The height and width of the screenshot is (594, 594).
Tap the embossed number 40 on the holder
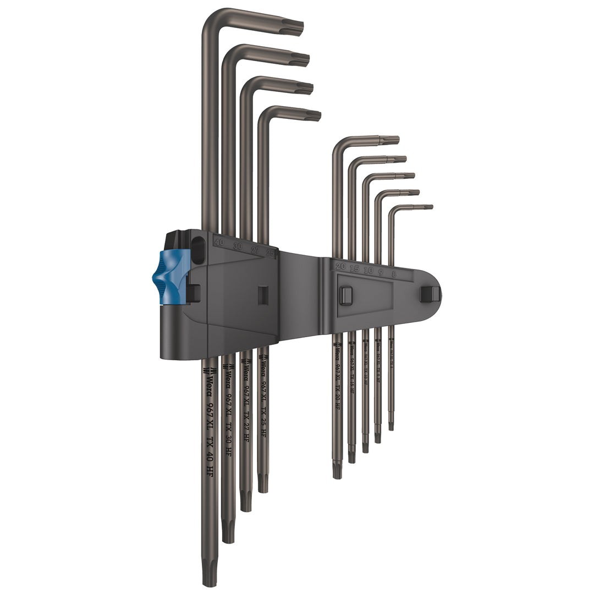219,241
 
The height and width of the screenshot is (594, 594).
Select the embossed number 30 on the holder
238,246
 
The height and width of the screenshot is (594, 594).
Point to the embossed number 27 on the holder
254,249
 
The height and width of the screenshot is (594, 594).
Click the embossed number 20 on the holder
340,266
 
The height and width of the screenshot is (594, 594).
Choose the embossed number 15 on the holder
354,268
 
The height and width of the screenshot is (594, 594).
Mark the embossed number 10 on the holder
367,270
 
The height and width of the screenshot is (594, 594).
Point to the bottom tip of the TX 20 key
337,470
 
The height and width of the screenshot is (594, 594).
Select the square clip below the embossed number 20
345,295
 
